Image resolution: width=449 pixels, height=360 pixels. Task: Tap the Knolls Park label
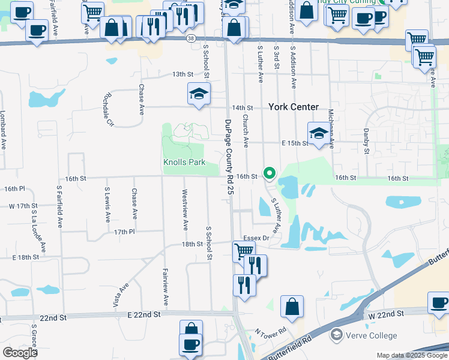point(185,162)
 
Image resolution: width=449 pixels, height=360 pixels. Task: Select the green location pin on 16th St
point(270,174)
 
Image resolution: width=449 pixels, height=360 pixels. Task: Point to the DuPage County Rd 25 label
point(229,157)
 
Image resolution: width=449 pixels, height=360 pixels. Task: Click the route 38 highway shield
point(190,38)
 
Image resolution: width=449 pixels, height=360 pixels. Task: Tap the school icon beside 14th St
point(199,94)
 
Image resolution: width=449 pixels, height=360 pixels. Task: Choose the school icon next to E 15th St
point(319,133)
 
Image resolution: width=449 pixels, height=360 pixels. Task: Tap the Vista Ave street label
point(124,296)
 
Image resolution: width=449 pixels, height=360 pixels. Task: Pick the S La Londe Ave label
point(39,230)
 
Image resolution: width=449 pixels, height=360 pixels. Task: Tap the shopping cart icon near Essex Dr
point(243,251)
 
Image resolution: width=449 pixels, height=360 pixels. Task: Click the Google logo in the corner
point(20,352)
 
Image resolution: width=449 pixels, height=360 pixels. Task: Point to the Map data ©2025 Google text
point(411,355)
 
